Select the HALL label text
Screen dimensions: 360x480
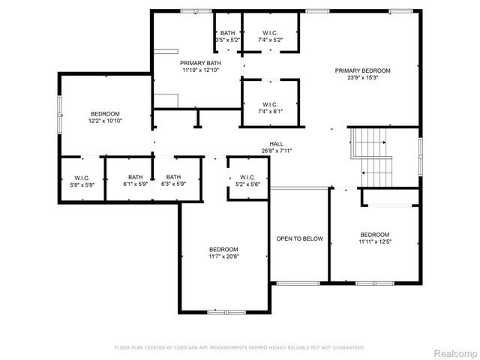pyautogui.click(x=277, y=143)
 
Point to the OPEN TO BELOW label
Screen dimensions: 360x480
pyautogui.click(x=299, y=238)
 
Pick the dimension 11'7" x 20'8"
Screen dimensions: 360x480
pyautogui.click(x=223, y=256)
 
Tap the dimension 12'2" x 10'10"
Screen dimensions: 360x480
pyautogui.click(x=106, y=121)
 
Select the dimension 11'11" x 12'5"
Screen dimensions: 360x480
pyautogui.click(x=374, y=241)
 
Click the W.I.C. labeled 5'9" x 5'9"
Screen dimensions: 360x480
pyautogui.click(x=82, y=180)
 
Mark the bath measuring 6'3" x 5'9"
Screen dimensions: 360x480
pyautogui.click(x=174, y=180)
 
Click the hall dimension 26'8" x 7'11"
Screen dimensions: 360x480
pyautogui.click(x=277, y=151)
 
